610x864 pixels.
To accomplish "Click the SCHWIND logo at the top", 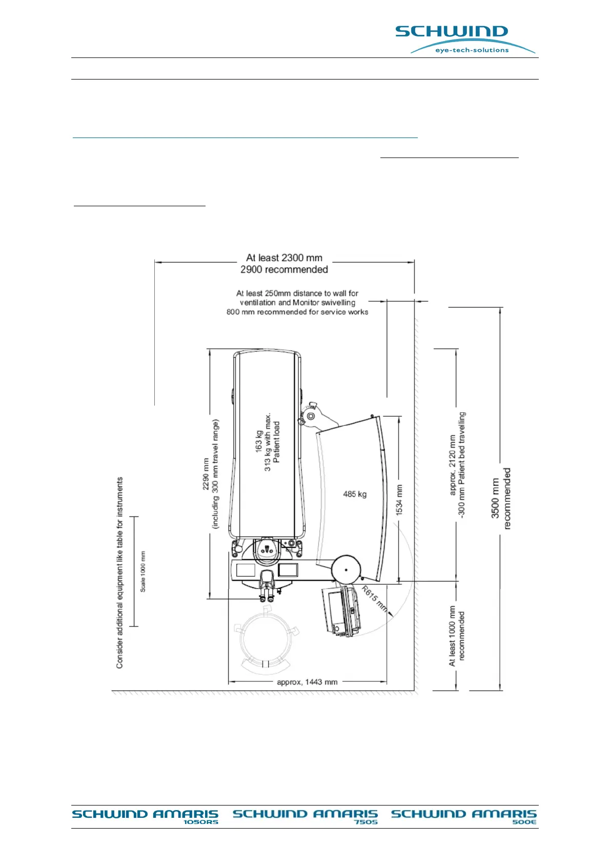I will click(451, 32).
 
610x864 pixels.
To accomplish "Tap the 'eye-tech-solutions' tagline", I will click(472, 50).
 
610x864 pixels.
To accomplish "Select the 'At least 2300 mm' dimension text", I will click(284, 258).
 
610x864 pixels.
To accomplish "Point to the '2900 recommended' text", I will click(284, 269).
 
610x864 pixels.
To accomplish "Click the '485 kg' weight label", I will click(355, 494).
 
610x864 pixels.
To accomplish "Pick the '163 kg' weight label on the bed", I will click(259, 441).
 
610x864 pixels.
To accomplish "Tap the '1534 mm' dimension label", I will click(399, 500).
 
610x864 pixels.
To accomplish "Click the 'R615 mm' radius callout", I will click(374, 598).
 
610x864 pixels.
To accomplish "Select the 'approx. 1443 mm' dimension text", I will click(307, 682).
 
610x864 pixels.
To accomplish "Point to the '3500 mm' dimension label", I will click(495, 498).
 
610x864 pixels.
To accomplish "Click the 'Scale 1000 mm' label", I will click(143, 572).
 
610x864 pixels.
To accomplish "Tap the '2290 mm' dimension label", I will click(206, 474).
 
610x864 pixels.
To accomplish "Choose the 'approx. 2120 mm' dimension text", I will click(452, 465).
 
